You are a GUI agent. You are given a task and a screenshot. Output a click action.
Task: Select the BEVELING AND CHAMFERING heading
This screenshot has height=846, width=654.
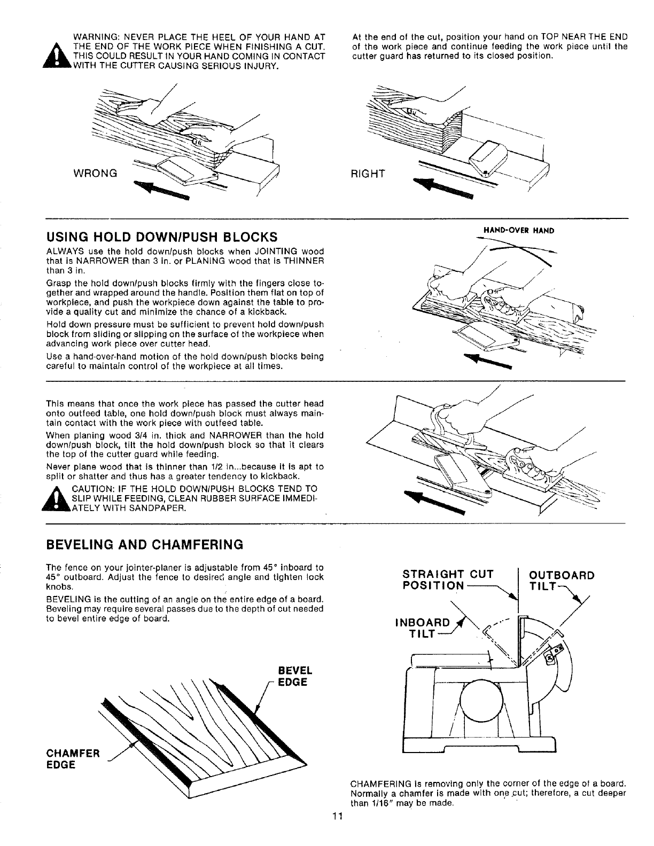[x=145, y=545]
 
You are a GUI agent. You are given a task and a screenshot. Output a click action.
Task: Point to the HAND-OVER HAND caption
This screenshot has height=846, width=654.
[x=518, y=231]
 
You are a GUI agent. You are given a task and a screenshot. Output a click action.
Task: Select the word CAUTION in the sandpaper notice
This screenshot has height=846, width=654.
[x=89, y=488]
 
